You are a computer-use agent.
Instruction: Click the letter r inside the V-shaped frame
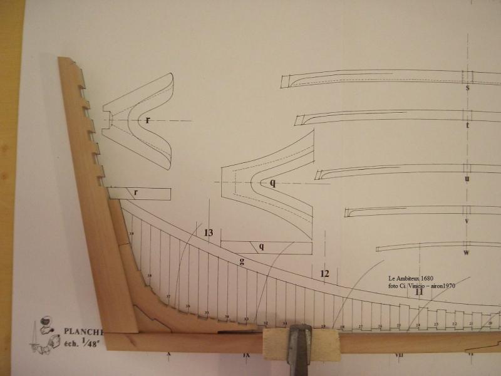pyautogui.click(x=148, y=119)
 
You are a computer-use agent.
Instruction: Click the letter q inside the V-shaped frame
pyautogui.click(x=273, y=183)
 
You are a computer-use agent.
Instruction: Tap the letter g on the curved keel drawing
pyautogui.click(x=242, y=261)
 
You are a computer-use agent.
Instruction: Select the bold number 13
pyautogui.click(x=209, y=233)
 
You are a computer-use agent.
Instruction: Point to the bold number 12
pyautogui.click(x=324, y=274)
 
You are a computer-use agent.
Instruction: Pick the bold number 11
pyautogui.click(x=419, y=291)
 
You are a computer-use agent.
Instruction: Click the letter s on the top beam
pyautogui.click(x=467, y=88)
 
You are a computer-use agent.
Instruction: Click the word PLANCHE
pyautogui.click(x=83, y=330)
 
